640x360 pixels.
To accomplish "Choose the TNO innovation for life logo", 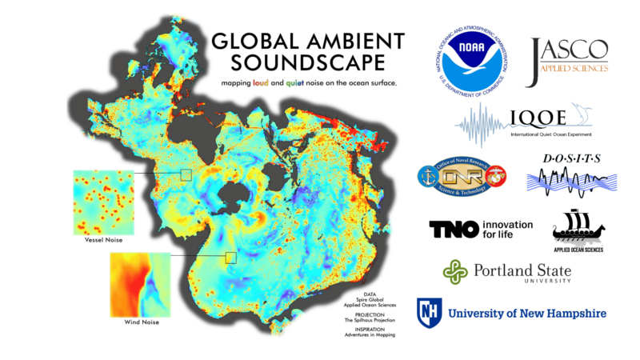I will (481, 230).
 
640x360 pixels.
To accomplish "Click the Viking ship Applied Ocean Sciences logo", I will (578, 230).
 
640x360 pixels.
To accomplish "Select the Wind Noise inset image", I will (140, 284).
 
